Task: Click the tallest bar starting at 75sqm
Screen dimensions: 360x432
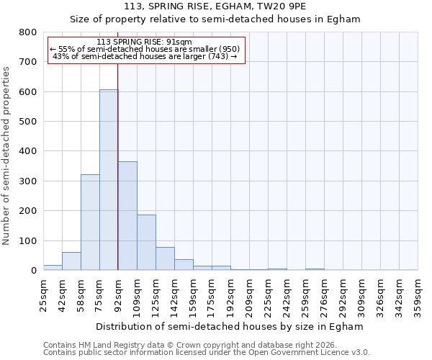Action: coord(109,180)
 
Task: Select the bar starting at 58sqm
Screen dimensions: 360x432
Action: coord(90,222)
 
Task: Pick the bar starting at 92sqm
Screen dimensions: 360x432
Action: coord(127,216)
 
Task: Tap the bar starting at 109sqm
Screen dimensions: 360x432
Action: coord(146,243)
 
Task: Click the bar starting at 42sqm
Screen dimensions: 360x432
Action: coord(71,261)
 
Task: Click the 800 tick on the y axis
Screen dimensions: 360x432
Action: coord(27,32)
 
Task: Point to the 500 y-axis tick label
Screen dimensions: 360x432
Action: coord(27,122)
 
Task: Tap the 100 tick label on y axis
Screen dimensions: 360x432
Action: coord(27,240)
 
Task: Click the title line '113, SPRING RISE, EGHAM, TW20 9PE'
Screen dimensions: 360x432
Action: coord(215,6)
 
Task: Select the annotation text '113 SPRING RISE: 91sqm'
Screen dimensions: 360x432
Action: coord(144,42)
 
